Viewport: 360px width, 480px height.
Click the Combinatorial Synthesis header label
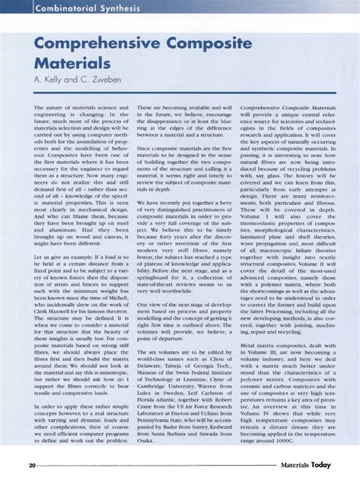[x=66, y=8]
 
